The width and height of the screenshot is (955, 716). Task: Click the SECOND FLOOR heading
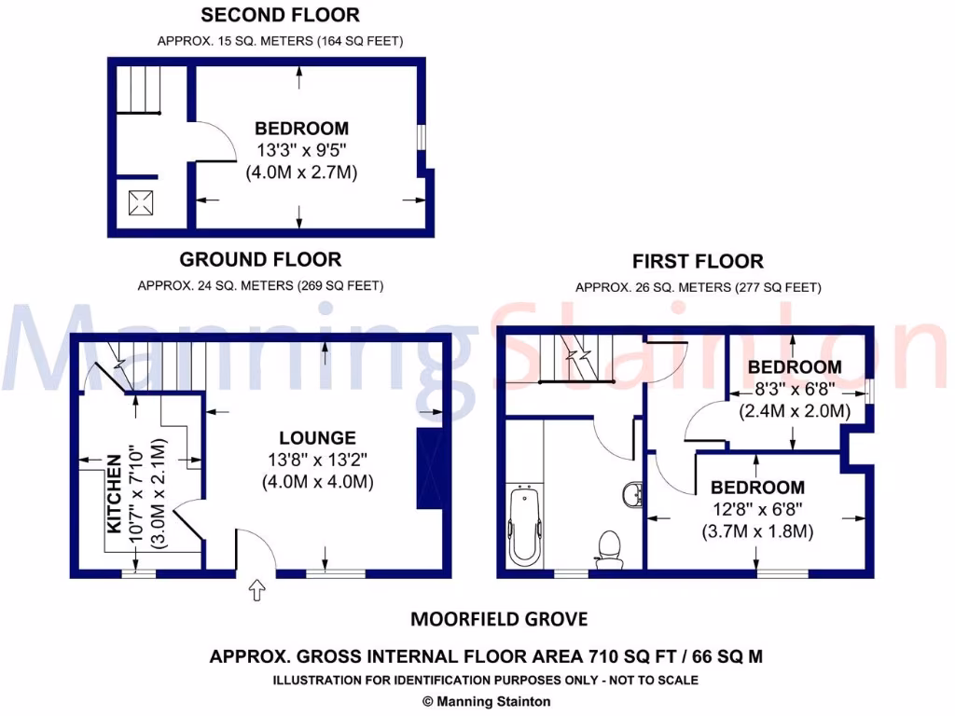[x=280, y=15]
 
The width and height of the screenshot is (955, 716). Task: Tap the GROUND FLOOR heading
[x=260, y=259]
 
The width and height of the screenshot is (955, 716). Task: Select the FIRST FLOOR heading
[x=698, y=261]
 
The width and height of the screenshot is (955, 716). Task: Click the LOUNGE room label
[x=317, y=437]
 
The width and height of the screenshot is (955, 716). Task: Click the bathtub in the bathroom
[x=523, y=524]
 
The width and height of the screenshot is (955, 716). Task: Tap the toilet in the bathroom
[x=611, y=545]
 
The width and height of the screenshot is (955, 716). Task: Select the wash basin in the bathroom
[x=631, y=494]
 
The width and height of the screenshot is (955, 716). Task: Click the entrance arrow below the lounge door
[x=258, y=589]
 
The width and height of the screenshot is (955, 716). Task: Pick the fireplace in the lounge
[x=430, y=471]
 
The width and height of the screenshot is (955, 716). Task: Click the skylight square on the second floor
[x=142, y=202]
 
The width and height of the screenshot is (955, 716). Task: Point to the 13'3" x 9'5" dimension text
[x=301, y=150]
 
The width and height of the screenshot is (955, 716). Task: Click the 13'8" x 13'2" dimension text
[x=317, y=460]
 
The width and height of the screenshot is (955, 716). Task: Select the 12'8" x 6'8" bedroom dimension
[x=757, y=509]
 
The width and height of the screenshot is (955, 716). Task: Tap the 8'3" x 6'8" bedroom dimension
[x=794, y=389]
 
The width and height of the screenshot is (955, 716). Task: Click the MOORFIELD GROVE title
[x=499, y=619]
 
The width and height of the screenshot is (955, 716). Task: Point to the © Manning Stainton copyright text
[x=486, y=701]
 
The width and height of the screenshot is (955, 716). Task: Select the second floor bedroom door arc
[x=217, y=140]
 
